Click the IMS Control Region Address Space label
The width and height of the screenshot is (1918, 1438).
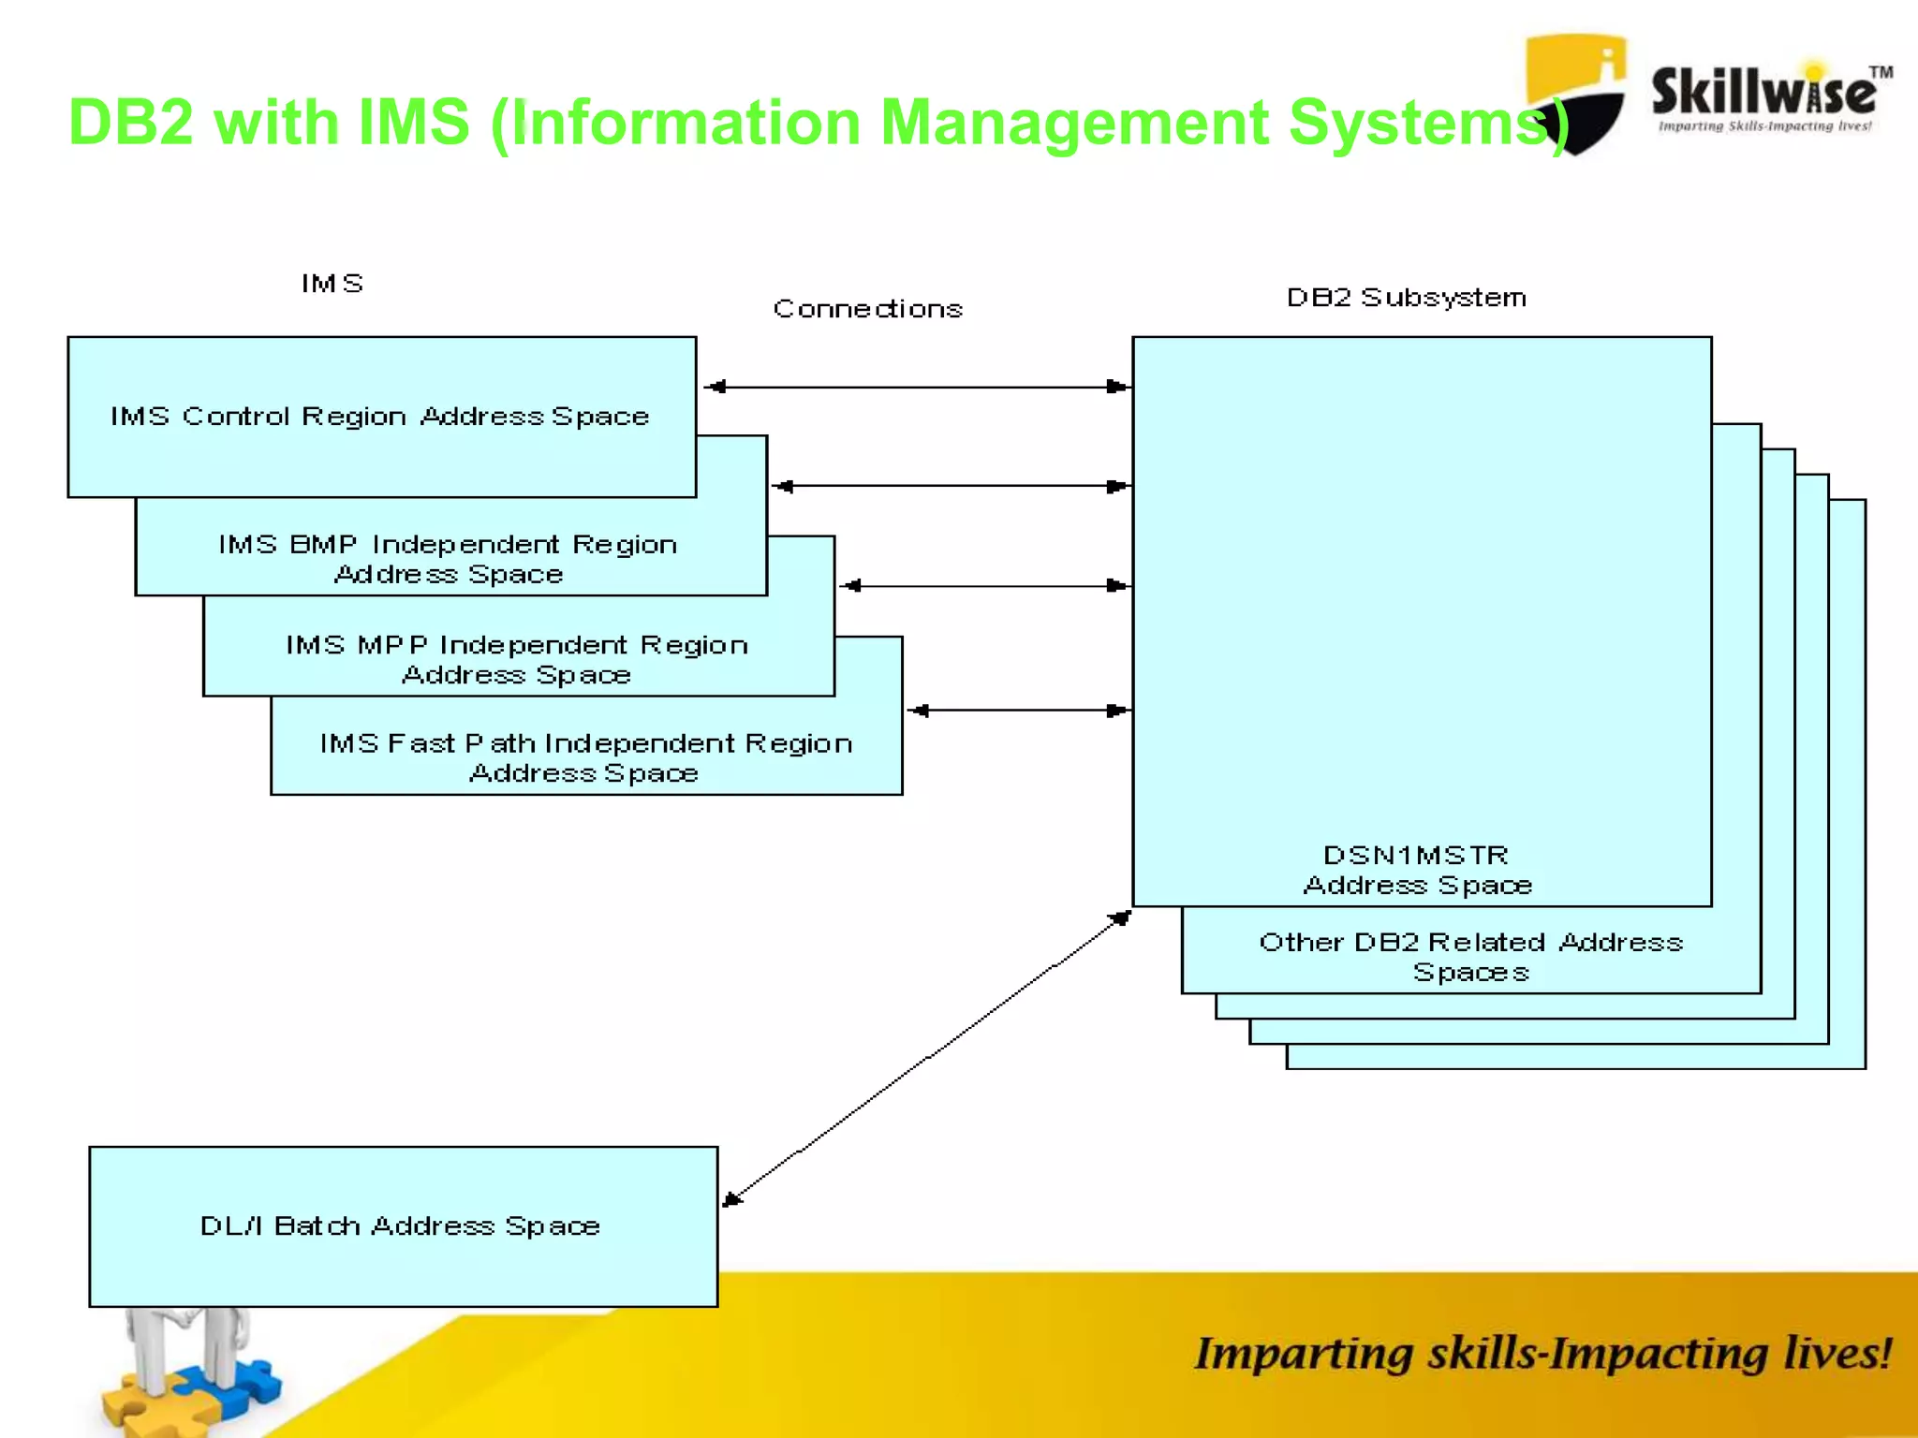(x=379, y=416)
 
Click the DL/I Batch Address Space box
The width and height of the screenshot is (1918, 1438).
(x=403, y=1225)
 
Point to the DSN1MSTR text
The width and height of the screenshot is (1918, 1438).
(x=1415, y=856)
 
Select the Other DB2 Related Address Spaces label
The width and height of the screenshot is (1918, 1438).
(x=1470, y=956)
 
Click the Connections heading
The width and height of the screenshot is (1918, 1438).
(x=867, y=309)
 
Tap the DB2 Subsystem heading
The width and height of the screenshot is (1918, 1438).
(x=1406, y=298)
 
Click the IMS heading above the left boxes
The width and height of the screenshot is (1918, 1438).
(x=332, y=284)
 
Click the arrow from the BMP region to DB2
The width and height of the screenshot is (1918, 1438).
(x=951, y=486)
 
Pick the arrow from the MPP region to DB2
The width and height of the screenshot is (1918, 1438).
(x=983, y=586)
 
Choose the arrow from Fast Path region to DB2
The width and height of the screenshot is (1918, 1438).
(x=1019, y=711)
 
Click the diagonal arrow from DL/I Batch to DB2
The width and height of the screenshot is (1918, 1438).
(x=927, y=1059)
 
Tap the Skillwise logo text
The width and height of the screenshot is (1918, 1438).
(x=1763, y=94)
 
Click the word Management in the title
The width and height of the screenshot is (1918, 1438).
(x=1073, y=123)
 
